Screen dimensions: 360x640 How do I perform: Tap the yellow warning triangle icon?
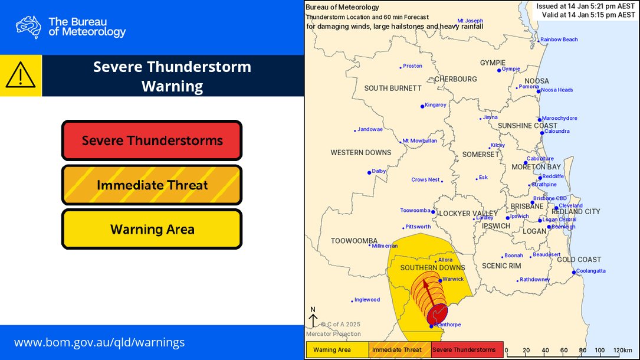[21, 76]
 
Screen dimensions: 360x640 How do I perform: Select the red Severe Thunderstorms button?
[152, 140]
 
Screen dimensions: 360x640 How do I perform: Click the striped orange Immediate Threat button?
[152, 185]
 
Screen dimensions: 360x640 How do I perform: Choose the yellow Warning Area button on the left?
[152, 229]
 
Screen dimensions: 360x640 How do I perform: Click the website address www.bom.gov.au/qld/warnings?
[99, 342]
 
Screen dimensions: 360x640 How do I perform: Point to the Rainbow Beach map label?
[559, 40]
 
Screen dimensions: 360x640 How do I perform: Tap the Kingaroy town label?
[436, 105]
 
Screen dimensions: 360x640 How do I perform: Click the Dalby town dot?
[369, 172]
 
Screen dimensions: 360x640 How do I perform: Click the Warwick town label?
[454, 279]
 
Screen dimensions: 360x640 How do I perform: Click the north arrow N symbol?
[313, 318]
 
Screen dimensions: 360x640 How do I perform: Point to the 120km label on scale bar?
[622, 350]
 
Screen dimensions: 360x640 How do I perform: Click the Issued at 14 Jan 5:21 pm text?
[586, 6]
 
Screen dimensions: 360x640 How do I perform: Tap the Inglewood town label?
[367, 300]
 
